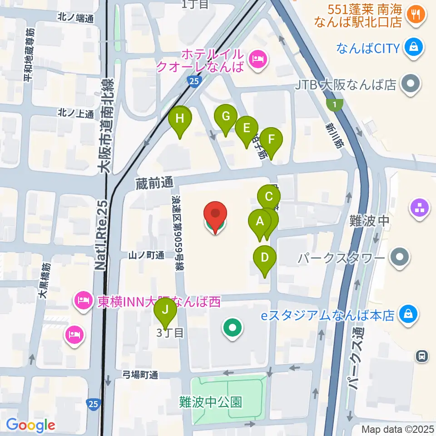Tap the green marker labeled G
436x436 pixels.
pyautogui.click(x=226, y=117)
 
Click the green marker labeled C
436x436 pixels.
pyautogui.click(x=268, y=197)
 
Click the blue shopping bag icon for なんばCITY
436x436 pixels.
pyautogui.click(x=415, y=47)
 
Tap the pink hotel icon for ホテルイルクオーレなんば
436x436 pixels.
pyautogui.click(x=258, y=59)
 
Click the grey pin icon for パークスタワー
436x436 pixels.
pyautogui.click(x=400, y=257)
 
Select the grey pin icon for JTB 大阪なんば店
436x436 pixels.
pyautogui.click(x=411, y=84)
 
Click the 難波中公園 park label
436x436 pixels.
pyautogui.click(x=211, y=401)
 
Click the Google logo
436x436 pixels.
pyautogui.click(x=30, y=425)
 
